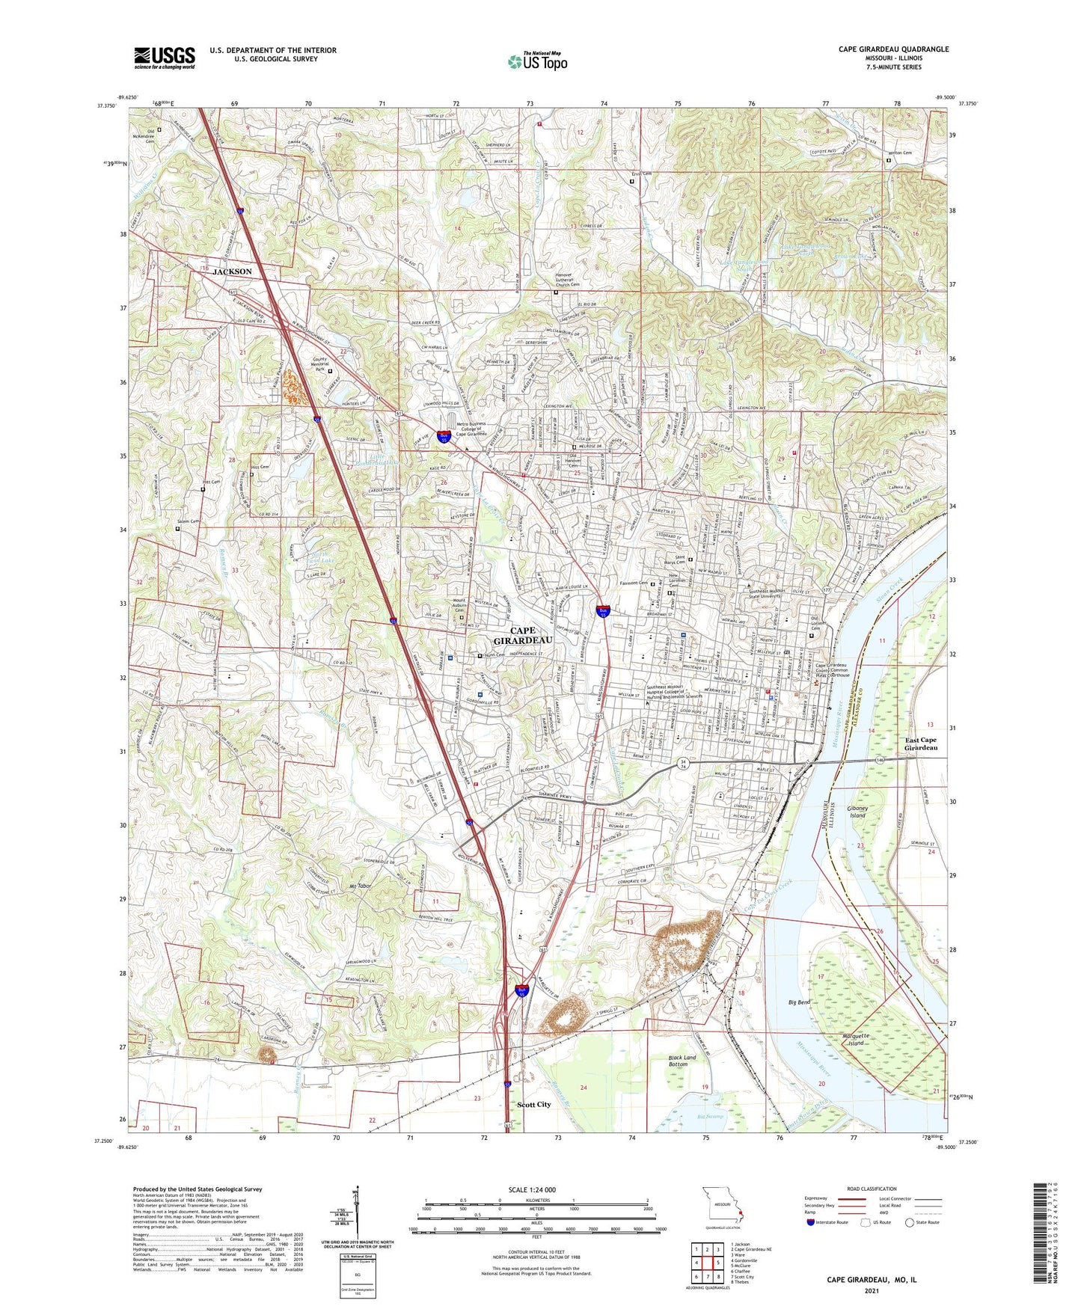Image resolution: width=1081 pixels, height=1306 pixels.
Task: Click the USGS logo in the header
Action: tap(165, 58)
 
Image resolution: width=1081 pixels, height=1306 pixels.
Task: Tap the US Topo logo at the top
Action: tap(537, 61)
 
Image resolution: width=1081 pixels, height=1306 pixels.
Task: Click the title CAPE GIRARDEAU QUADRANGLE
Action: tap(893, 49)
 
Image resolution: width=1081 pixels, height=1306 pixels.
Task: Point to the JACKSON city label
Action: tap(232, 272)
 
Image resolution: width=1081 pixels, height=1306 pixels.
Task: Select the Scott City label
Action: tap(534, 1105)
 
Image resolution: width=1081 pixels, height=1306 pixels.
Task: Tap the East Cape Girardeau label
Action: tap(919, 744)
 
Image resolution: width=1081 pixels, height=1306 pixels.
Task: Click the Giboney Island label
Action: tap(857, 812)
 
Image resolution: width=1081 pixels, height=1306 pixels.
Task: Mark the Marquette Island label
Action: tap(853, 1040)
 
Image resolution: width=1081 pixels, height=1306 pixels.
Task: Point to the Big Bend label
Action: tap(799, 1002)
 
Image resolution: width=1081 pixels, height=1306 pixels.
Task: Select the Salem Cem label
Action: tap(188, 521)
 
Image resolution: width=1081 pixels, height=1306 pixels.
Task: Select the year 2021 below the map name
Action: tap(871, 1290)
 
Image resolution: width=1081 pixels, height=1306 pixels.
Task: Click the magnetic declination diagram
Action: tap(358, 1215)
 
